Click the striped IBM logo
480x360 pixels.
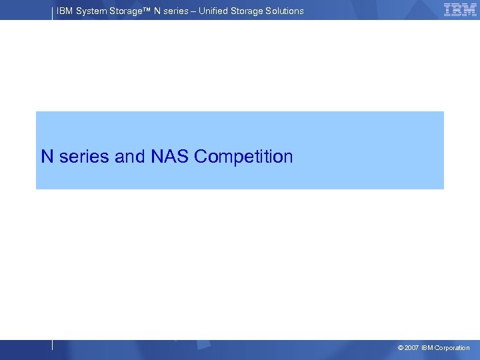click(x=460, y=9)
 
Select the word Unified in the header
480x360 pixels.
click(x=214, y=11)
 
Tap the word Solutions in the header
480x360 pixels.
click(x=283, y=11)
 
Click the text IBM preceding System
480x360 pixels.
click(x=65, y=11)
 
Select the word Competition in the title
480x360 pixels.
click(x=244, y=157)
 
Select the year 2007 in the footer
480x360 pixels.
click(x=412, y=348)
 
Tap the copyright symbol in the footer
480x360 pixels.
click(x=400, y=348)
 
